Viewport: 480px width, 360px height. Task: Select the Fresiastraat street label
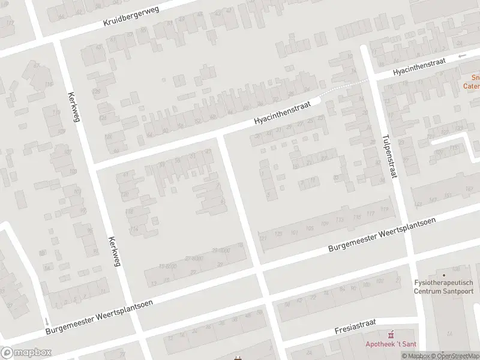pos(355,327)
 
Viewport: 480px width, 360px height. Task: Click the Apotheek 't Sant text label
pos(392,344)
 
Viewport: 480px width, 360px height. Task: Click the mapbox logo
pos(26,353)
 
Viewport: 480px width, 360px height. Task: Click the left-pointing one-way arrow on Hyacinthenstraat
pos(461,56)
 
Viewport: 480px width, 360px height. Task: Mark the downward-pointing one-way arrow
pos(47,322)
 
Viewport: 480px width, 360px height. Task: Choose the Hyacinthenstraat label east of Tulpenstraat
pos(419,67)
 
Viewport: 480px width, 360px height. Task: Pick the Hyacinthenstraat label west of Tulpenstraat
pos(282,112)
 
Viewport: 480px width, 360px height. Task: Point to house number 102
pos(379,281)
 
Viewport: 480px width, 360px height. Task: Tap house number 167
pos(469,189)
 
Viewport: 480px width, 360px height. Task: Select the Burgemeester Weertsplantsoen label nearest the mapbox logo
pos(100,316)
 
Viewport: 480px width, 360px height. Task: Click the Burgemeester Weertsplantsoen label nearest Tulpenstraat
pos(382,235)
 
